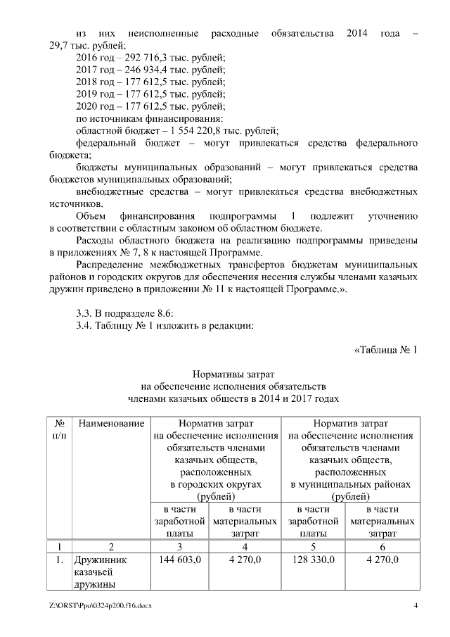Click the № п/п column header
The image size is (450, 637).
(60, 430)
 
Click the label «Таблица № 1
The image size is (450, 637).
(386, 350)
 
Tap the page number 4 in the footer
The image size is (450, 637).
(416, 606)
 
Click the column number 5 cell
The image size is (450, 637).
(313, 546)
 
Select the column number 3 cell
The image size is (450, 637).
(180, 546)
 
